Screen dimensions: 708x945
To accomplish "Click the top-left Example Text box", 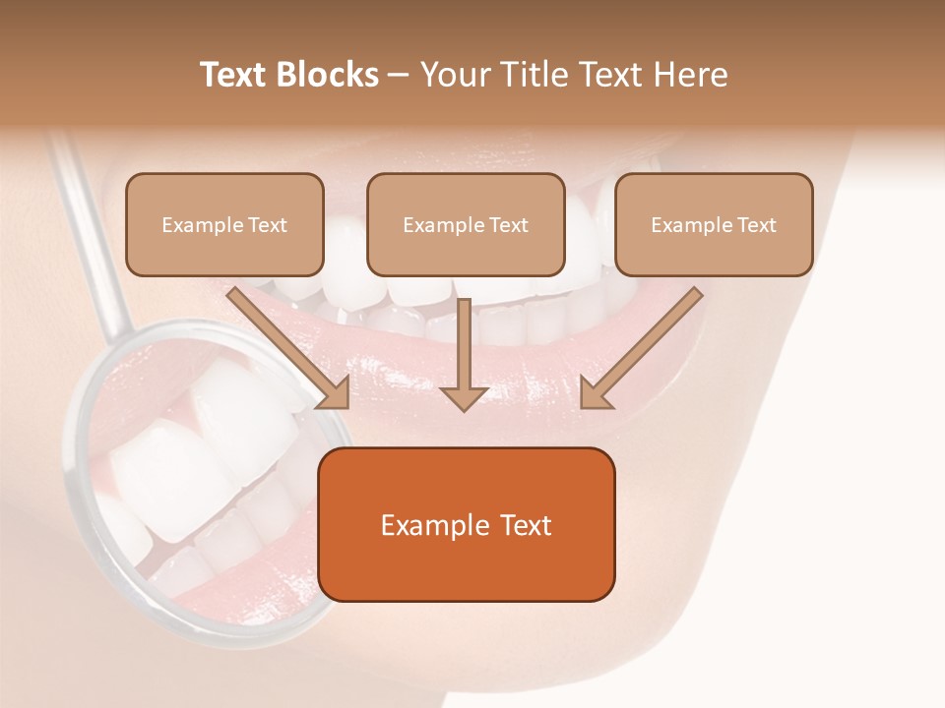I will tap(224, 224).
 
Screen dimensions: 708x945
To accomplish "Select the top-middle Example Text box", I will tap(466, 224).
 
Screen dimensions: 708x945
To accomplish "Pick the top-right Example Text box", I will tap(714, 224).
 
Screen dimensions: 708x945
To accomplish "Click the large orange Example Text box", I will tap(467, 524).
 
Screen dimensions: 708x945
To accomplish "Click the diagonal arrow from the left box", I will tap(285, 344).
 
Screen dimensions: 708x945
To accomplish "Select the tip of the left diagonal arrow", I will tap(346, 406).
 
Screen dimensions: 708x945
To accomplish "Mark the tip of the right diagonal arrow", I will tap(583, 406).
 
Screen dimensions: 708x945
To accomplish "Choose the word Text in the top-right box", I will tap(757, 225).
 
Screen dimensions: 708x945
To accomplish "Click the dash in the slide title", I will tap(399, 76).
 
